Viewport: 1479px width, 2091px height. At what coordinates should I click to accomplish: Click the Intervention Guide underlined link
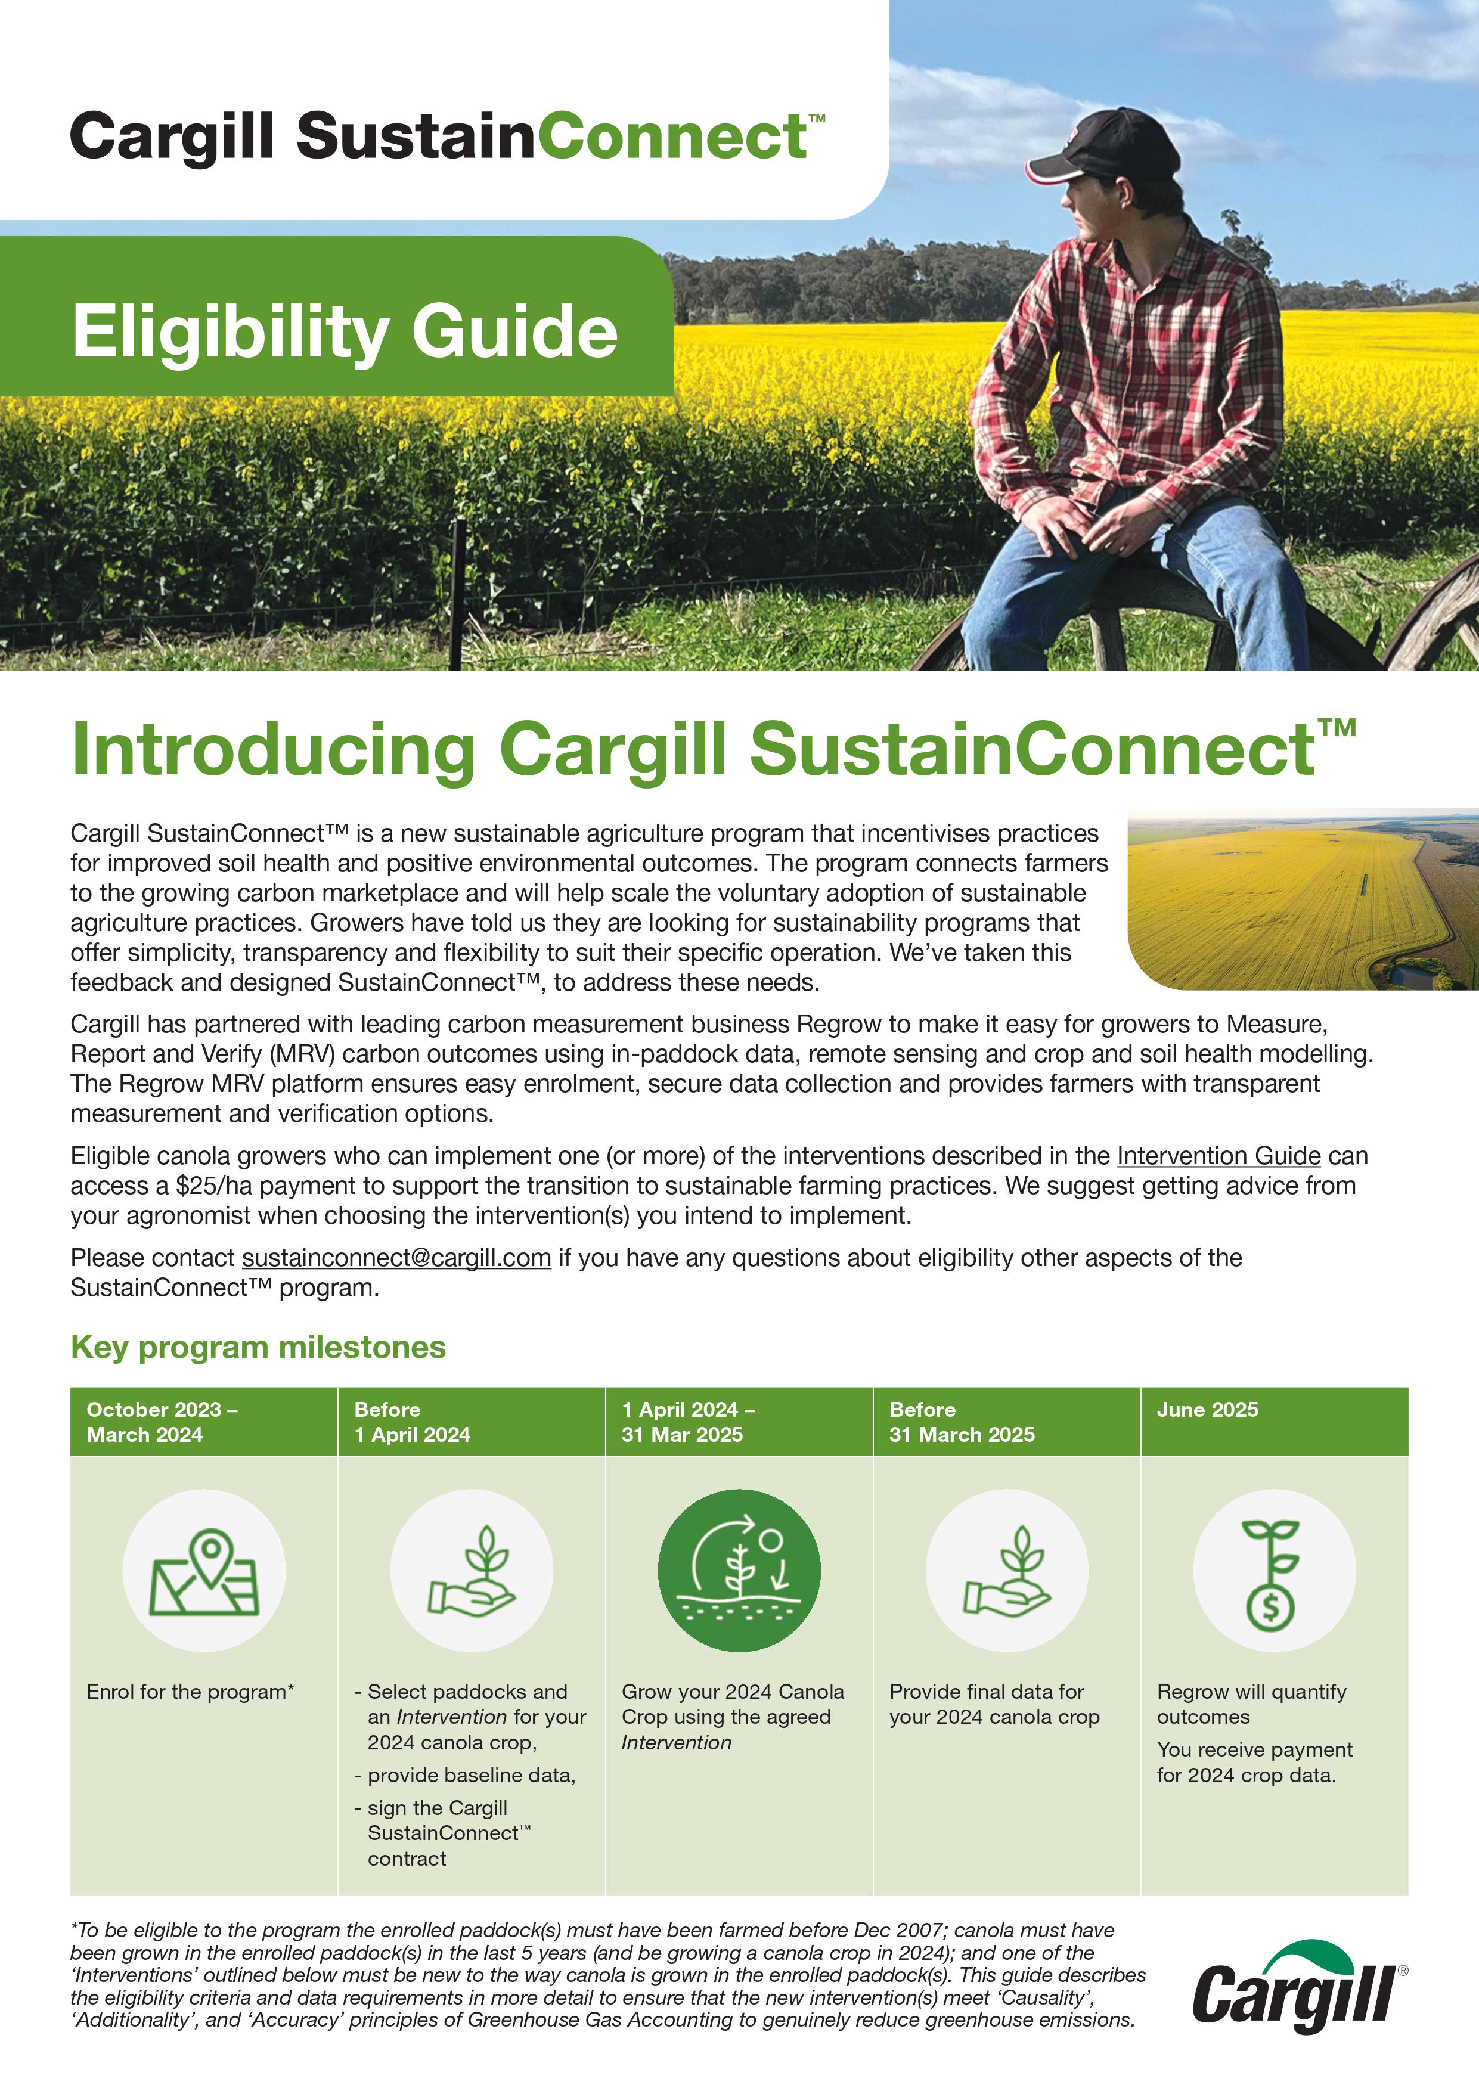pyautogui.click(x=1218, y=1156)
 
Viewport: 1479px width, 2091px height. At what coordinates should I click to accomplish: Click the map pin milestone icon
pyautogui.click(x=204, y=1571)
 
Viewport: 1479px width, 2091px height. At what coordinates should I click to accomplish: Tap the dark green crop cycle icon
pyautogui.click(x=739, y=1571)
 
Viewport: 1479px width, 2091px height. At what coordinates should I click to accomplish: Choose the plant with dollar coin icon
pyautogui.click(x=1273, y=1571)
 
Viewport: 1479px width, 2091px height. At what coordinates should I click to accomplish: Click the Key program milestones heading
pyautogui.click(x=258, y=1347)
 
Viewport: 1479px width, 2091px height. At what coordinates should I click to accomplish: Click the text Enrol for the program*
pyautogui.click(x=190, y=1692)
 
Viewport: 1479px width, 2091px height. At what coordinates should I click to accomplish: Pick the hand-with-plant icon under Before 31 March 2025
pyautogui.click(x=1006, y=1571)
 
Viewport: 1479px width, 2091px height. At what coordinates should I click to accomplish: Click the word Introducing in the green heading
pyautogui.click(x=273, y=749)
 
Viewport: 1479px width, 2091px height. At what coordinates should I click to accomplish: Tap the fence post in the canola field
pyautogui.click(x=457, y=592)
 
